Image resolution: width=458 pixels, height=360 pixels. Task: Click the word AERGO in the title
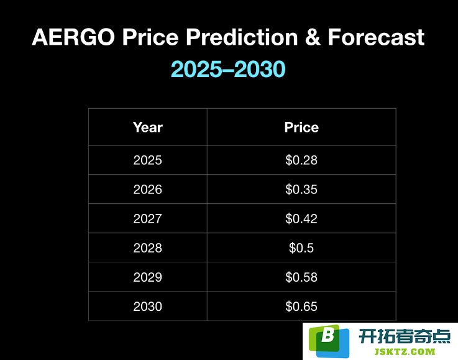click(73, 37)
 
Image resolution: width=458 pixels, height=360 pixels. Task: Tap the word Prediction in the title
click(242, 37)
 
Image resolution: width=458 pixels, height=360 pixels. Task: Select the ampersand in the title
click(313, 37)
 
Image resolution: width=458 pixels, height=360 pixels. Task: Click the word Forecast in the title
click(376, 37)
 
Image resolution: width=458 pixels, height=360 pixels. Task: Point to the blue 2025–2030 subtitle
click(228, 69)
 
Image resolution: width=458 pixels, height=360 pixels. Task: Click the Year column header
click(148, 127)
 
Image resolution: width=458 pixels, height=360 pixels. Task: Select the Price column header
click(301, 127)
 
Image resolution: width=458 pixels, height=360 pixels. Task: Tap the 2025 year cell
click(147, 160)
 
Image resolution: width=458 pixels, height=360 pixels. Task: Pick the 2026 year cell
click(147, 190)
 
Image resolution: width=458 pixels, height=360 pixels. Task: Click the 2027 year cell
click(147, 219)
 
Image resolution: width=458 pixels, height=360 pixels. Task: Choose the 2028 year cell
click(147, 248)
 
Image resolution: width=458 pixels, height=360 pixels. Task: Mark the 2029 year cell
click(147, 277)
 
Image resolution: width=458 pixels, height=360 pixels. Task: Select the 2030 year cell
click(147, 307)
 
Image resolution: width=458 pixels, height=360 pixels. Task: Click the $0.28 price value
click(301, 160)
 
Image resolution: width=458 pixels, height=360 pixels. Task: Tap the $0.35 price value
click(301, 190)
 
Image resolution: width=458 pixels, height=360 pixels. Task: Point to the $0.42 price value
click(301, 219)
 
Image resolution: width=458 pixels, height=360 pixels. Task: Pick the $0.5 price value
click(301, 248)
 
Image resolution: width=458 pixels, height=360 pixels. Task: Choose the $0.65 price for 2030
click(301, 307)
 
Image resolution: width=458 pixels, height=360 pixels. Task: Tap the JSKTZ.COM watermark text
click(405, 351)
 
